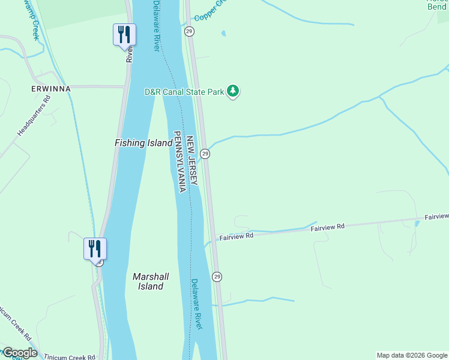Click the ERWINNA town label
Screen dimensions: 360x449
pyautogui.click(x=51, y=89)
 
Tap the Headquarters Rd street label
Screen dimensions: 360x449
pyautogui.click(x=34, y=114)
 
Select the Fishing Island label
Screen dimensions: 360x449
pyautogui.click(x=139, y=143)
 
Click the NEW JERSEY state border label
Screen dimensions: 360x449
pyautogui.click(x=191, y=160)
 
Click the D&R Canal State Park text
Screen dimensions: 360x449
pyautogui.click(x=184, y=92)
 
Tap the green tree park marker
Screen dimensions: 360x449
pyautogui.click(x=233, y=92)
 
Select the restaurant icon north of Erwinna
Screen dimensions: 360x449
pyautogui.click(x=124, y=34)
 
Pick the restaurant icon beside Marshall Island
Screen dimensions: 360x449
pyautogui.click(x=95, y=248)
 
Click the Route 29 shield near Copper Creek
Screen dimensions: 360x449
pyautogui.click(x=189, y=31)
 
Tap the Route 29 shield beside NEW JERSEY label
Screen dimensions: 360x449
pyautogui.click(x=205, y=154)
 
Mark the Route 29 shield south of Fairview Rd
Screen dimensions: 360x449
pyautogui.click(x=217, y=277)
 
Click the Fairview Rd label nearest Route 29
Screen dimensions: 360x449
pyautogui.click(x=237, y=236)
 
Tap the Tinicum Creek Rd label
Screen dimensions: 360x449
pyautogui.click(x=70, y=357)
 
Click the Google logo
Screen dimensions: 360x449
pyautogui.click(x=20, y=353)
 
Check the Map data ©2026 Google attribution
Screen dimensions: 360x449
pyautogui.click(x=411, y=355)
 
